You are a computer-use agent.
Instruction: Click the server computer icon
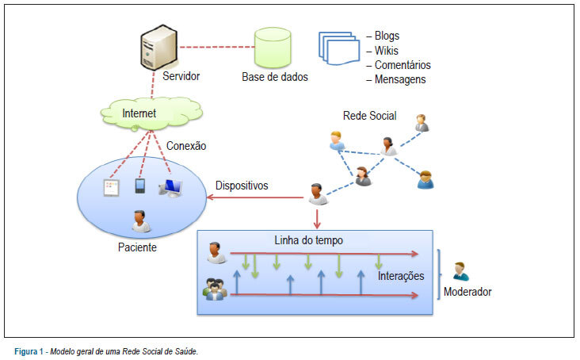(158, 48)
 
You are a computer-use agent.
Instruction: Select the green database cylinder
(273, 48)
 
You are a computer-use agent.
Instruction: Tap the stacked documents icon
(339, 48)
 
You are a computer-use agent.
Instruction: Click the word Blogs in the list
(387, 36)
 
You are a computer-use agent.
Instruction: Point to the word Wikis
(386, 50)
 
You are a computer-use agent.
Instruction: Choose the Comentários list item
(403, 65)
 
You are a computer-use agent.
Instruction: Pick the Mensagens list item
(400, 79)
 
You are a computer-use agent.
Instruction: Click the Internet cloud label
(139, 113)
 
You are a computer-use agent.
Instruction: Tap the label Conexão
(186, 146)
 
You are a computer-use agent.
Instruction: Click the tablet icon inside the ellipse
(112, 188)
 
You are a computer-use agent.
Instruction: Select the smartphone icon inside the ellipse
(139, 186)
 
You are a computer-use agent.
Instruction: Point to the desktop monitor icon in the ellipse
(170, 188)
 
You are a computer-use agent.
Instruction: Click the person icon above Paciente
(140, 221)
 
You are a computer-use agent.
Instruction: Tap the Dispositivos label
(242, 186)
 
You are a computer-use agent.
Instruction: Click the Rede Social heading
(369, 116)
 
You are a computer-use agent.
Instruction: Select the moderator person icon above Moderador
(460, 271)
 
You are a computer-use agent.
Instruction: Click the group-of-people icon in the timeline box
(215, 289)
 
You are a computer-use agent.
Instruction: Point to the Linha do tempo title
(308, 240)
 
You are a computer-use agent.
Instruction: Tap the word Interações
(401, 276)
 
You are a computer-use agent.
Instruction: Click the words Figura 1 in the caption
(29, 351)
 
